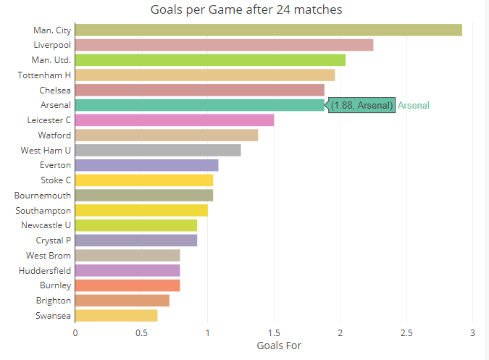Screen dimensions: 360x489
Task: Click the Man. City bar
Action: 268,30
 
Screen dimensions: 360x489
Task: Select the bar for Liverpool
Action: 224,45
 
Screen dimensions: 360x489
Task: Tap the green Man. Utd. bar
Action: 210,59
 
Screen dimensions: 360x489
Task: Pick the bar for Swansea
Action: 116,315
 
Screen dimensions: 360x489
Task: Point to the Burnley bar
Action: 128,285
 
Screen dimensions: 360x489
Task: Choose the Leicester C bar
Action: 175,120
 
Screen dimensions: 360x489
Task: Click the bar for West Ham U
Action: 158,150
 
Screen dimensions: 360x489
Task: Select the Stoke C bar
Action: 144,180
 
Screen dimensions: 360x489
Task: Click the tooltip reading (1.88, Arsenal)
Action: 362,105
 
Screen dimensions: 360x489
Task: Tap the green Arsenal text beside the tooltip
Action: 414,105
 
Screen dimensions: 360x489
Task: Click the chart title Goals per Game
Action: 246,10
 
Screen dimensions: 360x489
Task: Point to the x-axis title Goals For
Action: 279,346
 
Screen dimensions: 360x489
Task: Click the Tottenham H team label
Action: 45,75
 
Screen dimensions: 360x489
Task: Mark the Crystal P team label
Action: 54,240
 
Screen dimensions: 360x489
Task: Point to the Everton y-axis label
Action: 55,165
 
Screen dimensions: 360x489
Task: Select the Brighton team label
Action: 54,300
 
